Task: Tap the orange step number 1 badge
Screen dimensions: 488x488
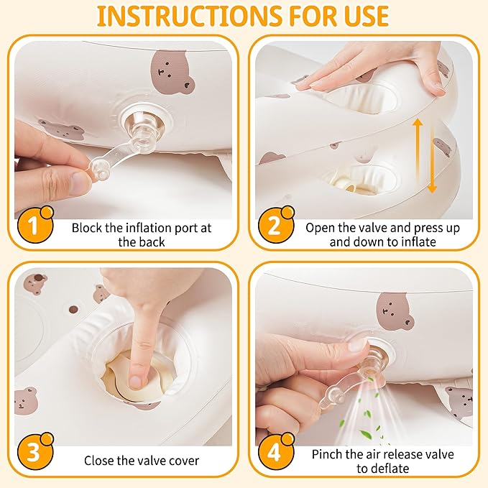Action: pos(35,224)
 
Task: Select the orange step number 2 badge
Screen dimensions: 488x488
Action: pos(276,224)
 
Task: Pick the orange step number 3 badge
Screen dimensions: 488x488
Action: pos(35,451)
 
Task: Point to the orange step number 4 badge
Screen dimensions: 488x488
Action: pos(276,451)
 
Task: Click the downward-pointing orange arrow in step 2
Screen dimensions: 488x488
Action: pos(432,160)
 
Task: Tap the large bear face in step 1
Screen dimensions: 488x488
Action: pos(172,73)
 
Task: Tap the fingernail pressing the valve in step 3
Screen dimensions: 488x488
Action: pos(135,381)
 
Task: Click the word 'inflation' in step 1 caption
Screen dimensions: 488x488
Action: pos(149,228)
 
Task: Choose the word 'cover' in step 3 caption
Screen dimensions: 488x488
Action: pos(185,461)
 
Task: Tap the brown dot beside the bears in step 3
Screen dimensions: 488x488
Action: pos(73,309)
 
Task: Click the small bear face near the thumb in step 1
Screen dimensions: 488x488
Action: pos(63,132)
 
